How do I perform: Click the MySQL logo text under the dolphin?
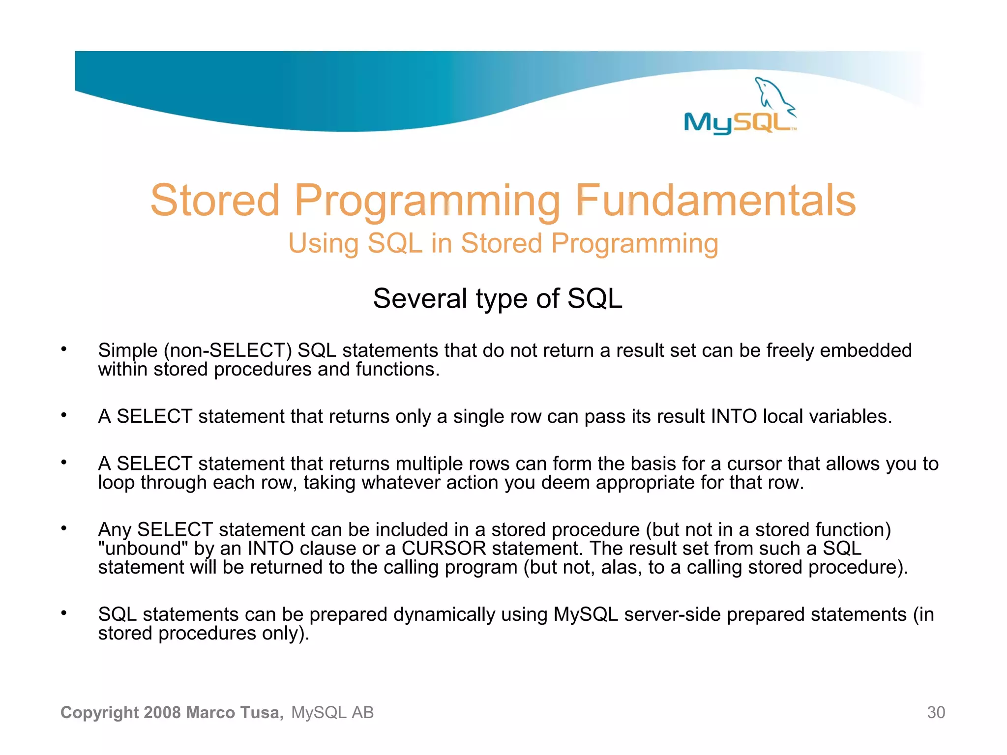tap(738, 122)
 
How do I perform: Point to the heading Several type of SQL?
tap(498, 298)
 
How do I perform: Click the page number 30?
tap(936, 712)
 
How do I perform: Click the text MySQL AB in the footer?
tap(332, 712)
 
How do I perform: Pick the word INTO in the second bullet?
tap(734, 416)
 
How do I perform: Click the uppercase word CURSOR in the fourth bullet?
tap(444, 548)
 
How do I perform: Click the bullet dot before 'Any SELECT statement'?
tap(63, 528)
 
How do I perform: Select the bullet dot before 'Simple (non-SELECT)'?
tap(63, 349)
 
